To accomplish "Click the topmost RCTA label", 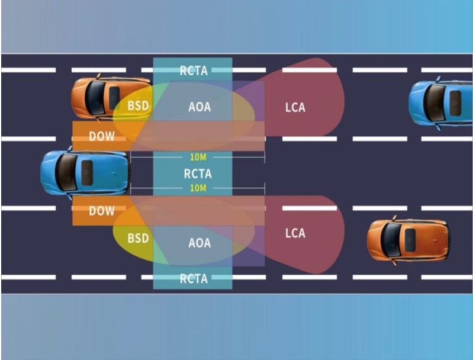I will (194, 70).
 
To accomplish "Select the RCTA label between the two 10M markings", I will (197, 174).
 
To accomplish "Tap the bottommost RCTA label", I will (194, 278).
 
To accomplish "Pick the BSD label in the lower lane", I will (138, 239).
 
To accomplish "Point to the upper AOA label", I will (200, 107).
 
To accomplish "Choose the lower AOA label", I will (200, 243).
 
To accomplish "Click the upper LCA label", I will (295, 107).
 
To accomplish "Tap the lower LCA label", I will (295, 233).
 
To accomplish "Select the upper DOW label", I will (101, 137).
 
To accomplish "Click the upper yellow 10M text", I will (198, 158).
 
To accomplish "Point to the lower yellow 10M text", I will (198, 188).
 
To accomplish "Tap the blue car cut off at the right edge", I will (441, 103).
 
